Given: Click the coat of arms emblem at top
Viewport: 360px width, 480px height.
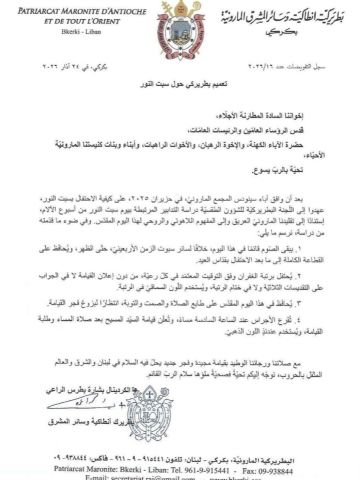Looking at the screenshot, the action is (179, 25).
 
